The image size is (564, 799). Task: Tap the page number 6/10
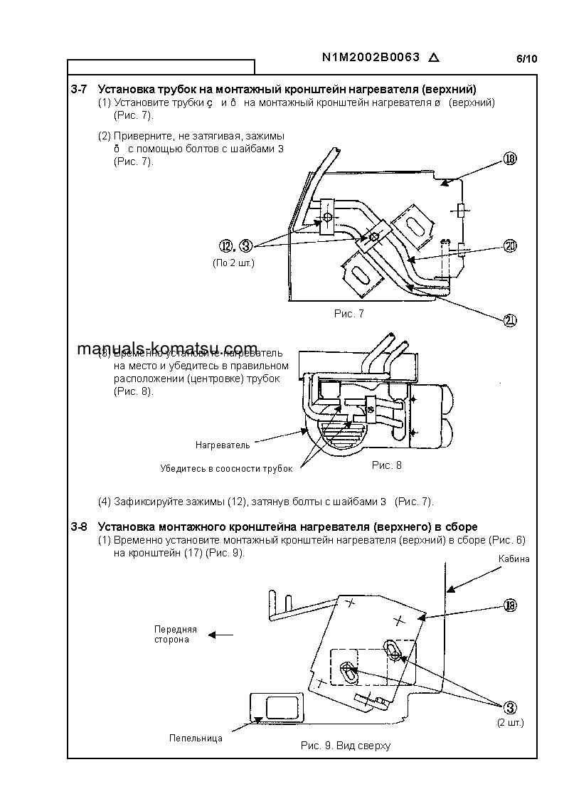point(526,59)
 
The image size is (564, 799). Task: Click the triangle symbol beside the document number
point(435,58)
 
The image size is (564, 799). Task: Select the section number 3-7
point(79,90)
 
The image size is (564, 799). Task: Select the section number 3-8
point(79,527)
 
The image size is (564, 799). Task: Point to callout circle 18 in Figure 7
point(509,159)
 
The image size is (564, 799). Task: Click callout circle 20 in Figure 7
point(509,246)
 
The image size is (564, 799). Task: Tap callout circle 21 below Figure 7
point(509,320)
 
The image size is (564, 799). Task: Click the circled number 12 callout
point(227,246)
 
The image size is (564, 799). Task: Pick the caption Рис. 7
point(348,314)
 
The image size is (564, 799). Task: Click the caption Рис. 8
point(387,465)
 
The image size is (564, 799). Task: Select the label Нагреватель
point(223,445)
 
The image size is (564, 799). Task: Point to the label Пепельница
point(196,738)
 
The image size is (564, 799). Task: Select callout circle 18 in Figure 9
point(509,605)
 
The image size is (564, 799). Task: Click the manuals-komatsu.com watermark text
point(166,349)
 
